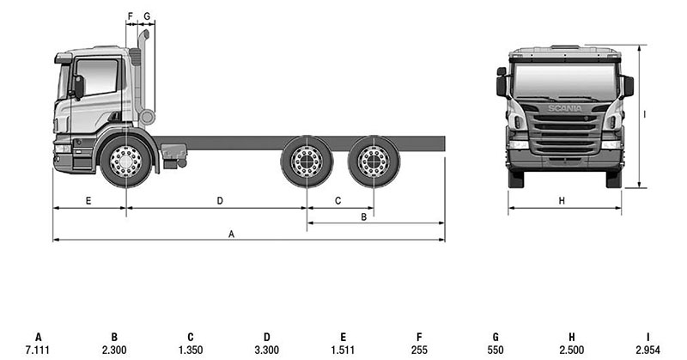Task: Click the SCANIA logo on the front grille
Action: (565, 108)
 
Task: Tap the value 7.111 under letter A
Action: (38, 350)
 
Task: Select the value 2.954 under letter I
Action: (647, 350)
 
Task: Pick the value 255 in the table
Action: (419, 350)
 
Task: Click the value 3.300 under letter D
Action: (267, 350)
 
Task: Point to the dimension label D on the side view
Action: (220, 201)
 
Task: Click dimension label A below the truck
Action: (231, 235)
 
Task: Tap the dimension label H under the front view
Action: (562, 201)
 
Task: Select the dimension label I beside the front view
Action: (645, 114)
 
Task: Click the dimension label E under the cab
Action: (88, 201)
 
